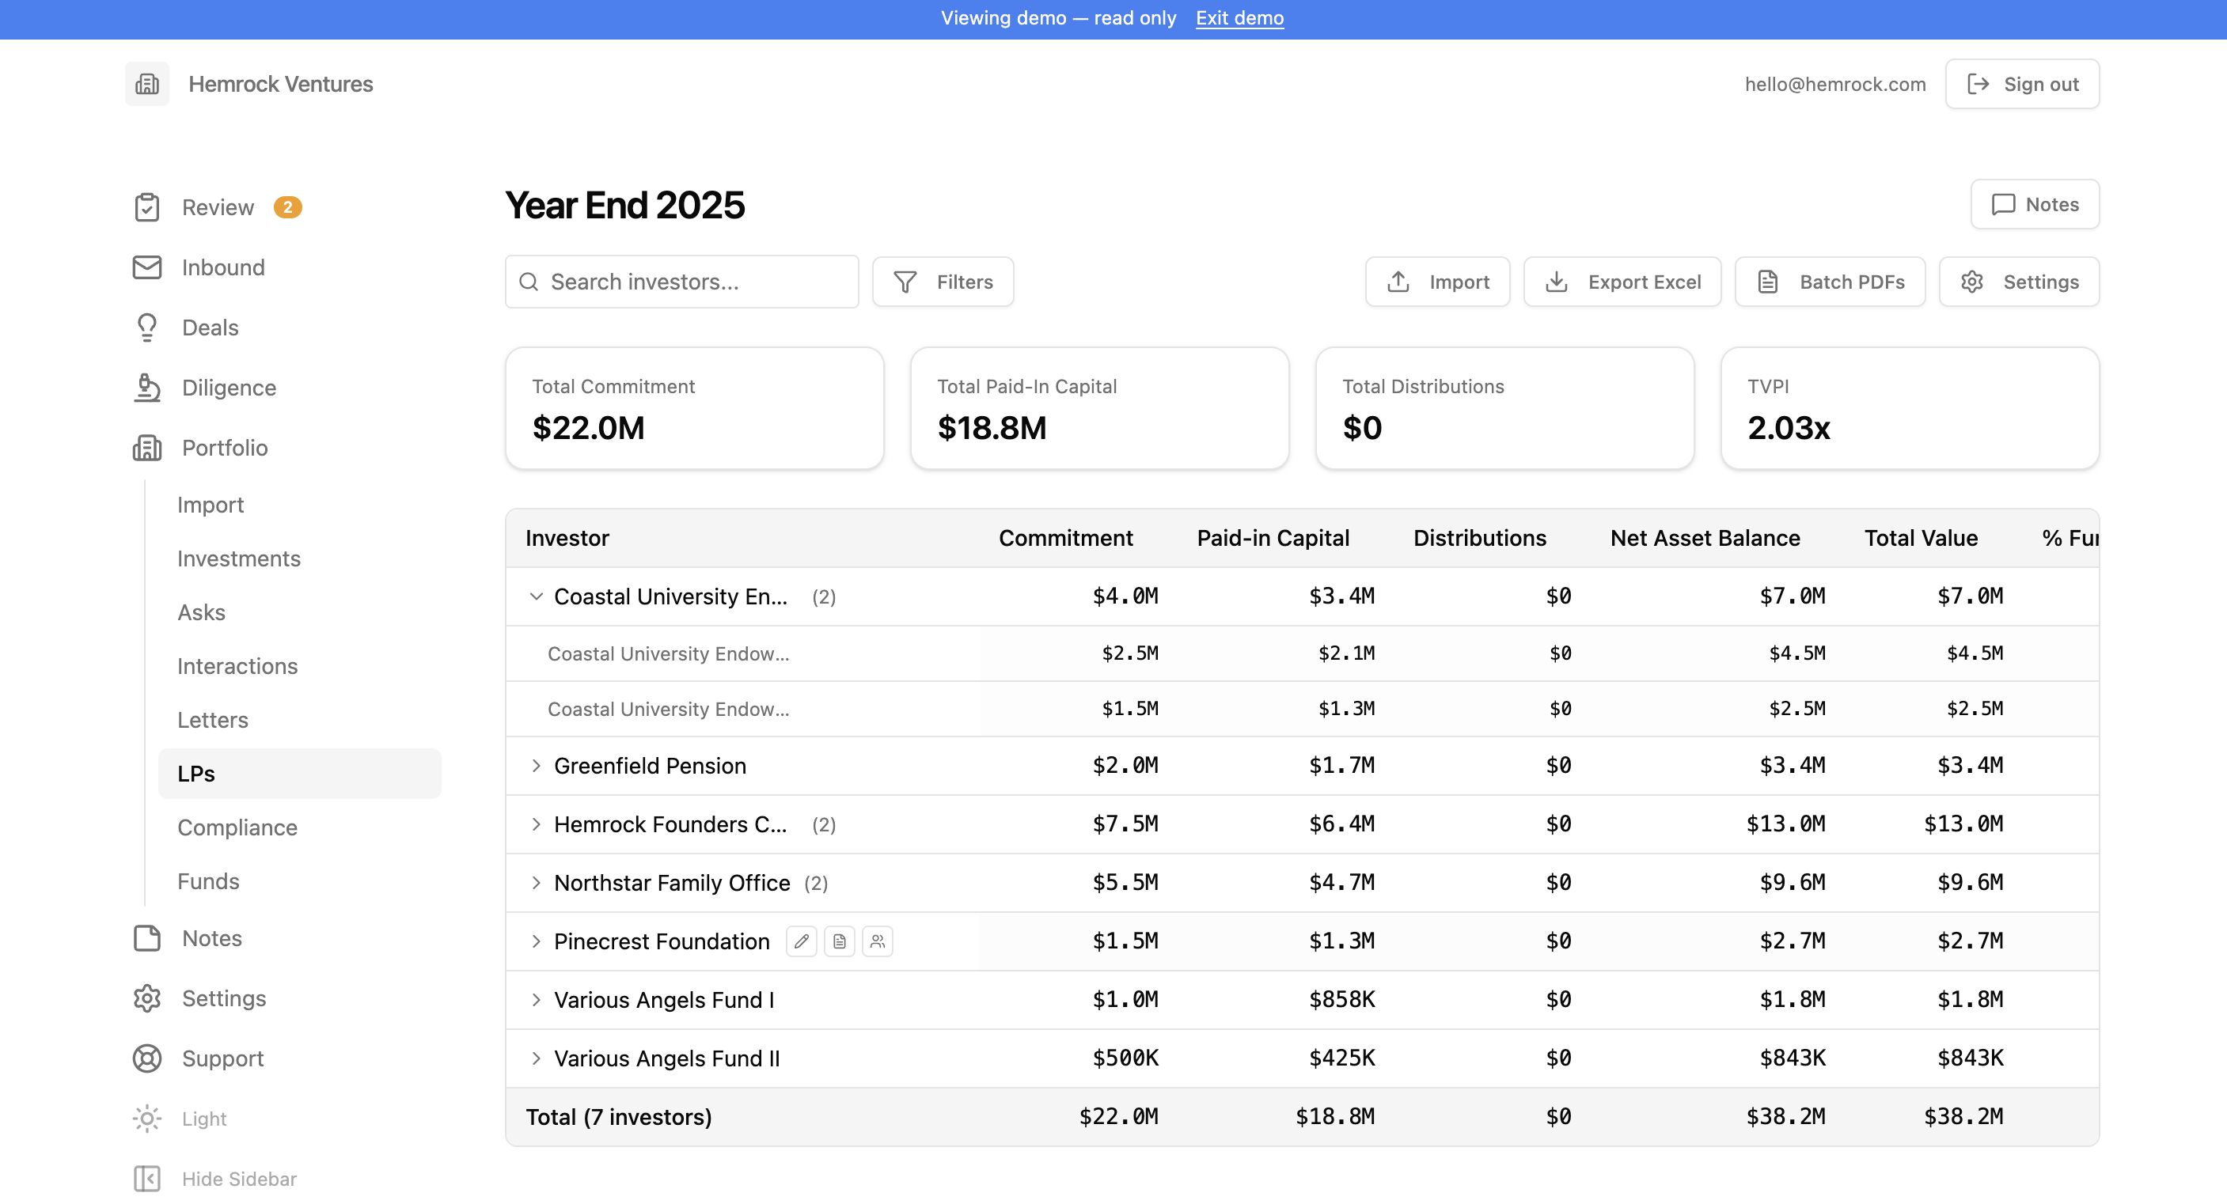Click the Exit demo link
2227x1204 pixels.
[1239, 18]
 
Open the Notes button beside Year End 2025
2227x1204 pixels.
[2035, 205]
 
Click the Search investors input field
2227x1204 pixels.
[682, 282]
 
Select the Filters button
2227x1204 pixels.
[943, 282]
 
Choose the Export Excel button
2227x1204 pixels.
[1622, 282]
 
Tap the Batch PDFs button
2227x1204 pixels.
[1831, 282]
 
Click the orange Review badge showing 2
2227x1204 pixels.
[288, 207]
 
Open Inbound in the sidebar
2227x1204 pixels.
[223, 268]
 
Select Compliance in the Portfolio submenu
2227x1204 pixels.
[237, 828]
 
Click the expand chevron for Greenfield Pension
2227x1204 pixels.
[536, 766]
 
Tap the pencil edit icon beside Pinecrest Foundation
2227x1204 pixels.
[802, 941]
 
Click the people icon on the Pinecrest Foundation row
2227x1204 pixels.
[878, 941]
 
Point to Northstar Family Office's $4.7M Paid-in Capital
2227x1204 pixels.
[1341, 883]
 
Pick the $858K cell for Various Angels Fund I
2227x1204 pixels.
[1341, 1000]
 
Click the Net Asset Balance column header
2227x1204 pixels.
[1705, 539]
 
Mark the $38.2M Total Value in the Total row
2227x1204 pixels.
[1963, 1117]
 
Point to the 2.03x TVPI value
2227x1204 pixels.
[1789, 429]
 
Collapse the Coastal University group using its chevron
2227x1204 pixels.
[536, 596]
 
